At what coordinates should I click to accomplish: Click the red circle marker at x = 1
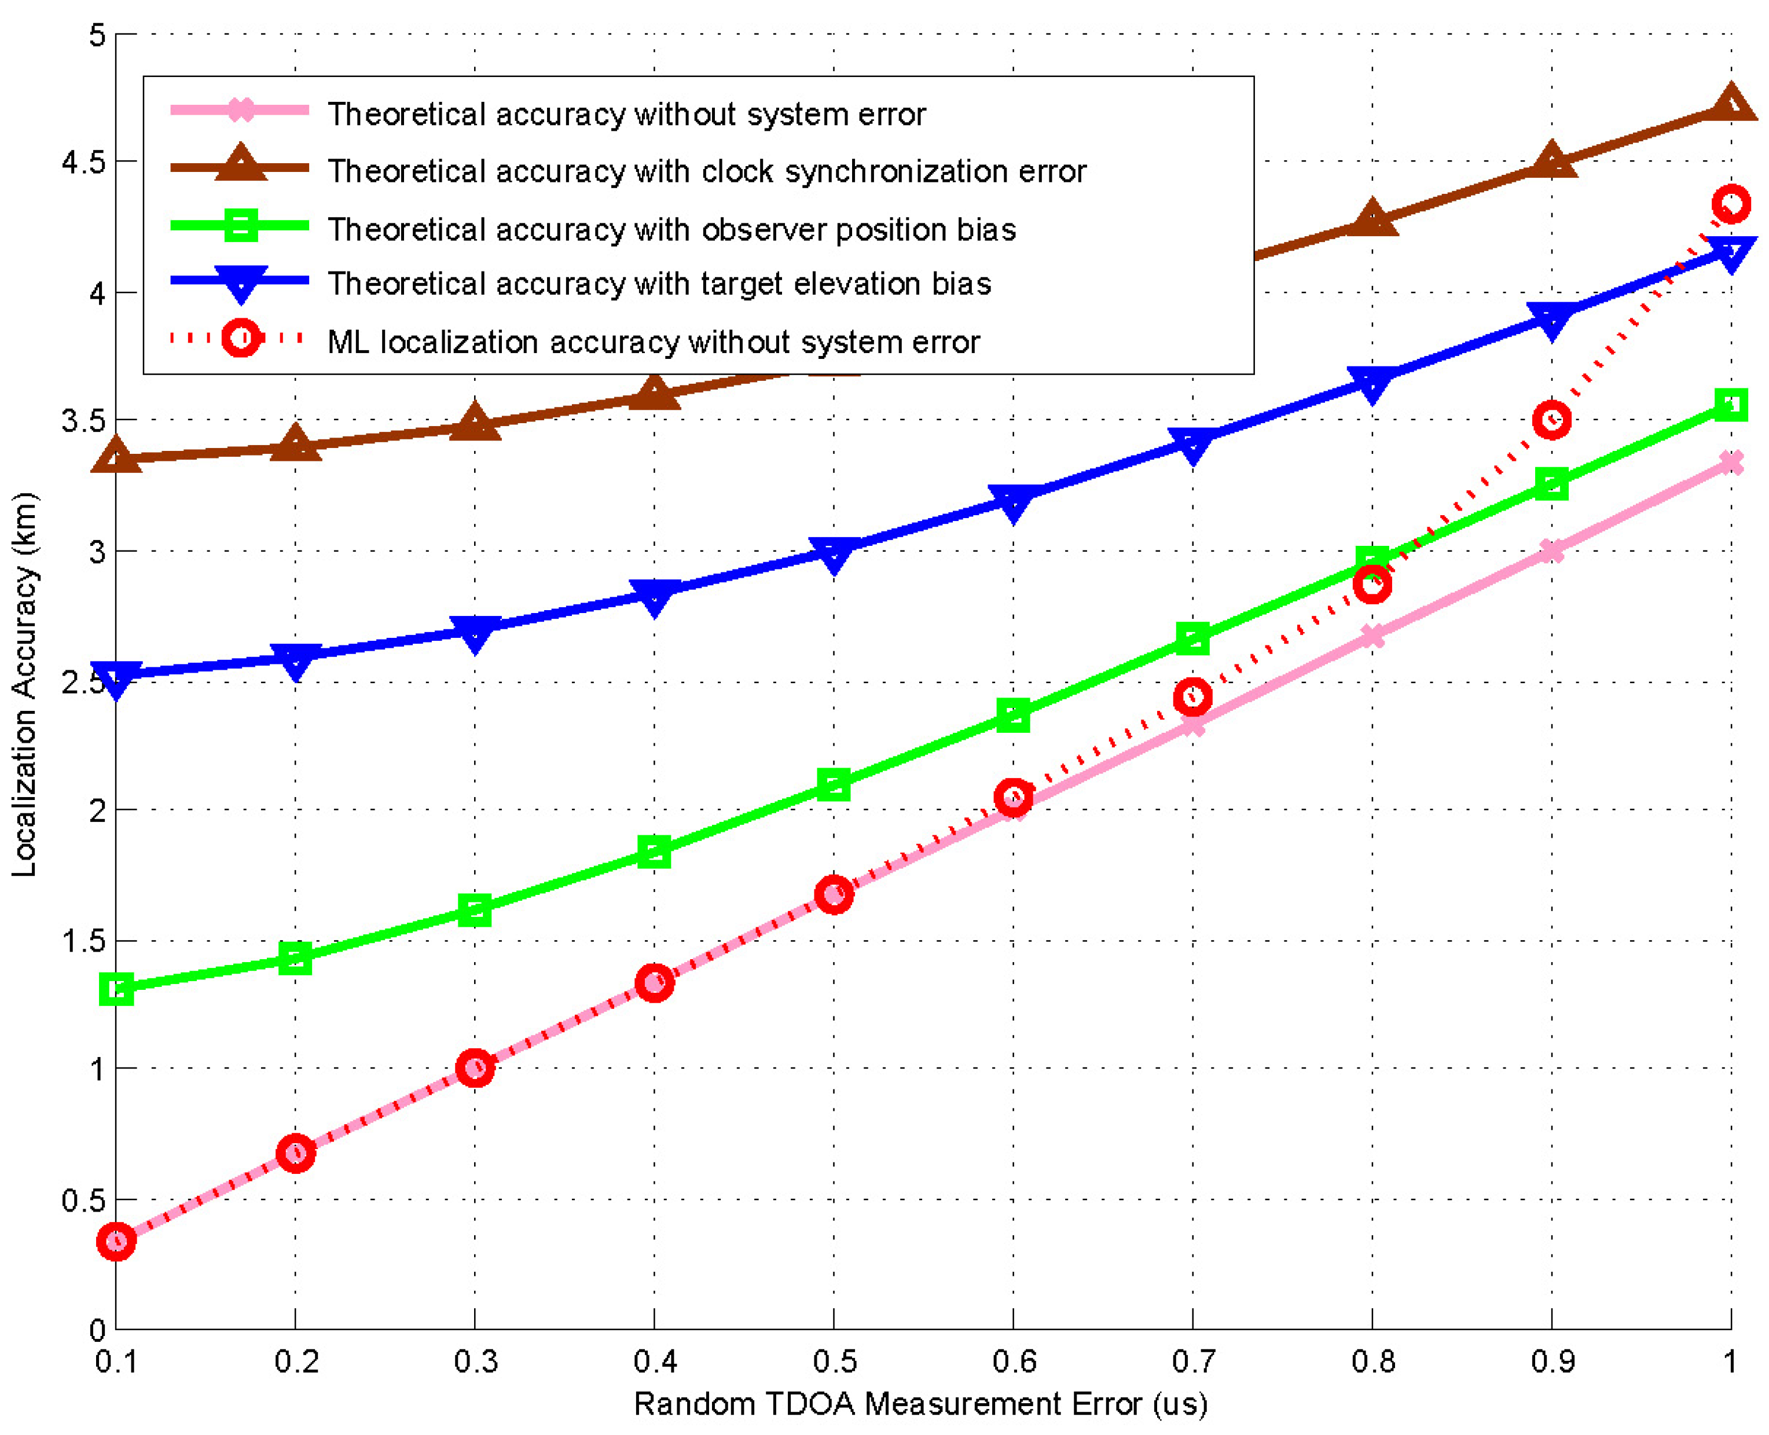click(x=1731, y=203)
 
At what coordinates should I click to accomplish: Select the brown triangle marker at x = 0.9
click(x=1551, y=160)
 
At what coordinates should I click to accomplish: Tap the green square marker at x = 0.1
click(x=116, y=989)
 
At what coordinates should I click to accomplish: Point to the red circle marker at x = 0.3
click(x=475, y=1068)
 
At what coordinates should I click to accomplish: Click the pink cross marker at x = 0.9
click(x=1551, y=550)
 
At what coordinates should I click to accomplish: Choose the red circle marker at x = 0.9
click(x=1551, y=420)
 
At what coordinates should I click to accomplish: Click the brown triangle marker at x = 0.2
click(x=295, y=445)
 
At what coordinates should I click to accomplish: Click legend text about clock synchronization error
click(x=707, y=171)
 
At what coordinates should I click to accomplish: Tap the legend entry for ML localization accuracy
click(x=653, y=342)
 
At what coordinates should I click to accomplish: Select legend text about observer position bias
click(x=671, y=229)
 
